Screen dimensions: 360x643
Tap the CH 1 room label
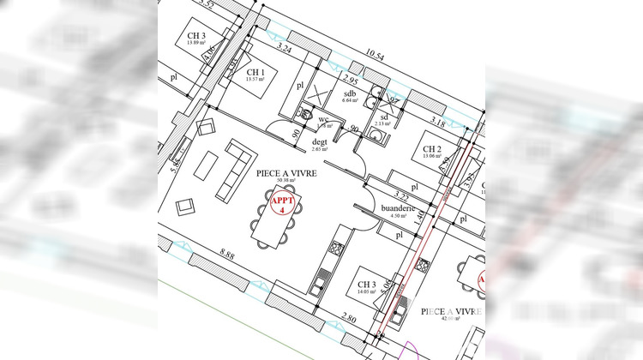click(255, 74)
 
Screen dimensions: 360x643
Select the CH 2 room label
click(431, 151)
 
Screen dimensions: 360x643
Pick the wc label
click(324, 120)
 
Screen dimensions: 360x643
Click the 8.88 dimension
click(227, 254)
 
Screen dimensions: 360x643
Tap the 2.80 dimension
click(348, 318)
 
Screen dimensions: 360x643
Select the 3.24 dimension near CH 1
click(285, 51)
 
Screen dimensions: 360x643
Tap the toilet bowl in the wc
click(305, 112)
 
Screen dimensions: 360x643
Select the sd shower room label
click(385, 117)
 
